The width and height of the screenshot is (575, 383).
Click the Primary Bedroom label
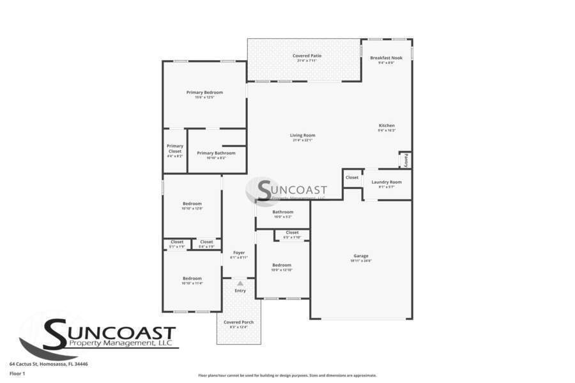tap(204, 93)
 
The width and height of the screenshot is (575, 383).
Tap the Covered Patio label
tap(307, 56)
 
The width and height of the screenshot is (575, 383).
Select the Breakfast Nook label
tap(387, 58)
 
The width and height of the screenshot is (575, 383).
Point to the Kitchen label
tap(387, 126)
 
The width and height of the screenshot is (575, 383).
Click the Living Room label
tap(302, 135)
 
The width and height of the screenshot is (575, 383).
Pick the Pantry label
tap(405, 159)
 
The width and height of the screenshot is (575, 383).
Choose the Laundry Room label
tap(387, 182)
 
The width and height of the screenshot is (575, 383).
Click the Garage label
tap(361, 256)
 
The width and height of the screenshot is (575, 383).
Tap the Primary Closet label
tap(174, 149)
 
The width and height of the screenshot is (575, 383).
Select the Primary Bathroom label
tap(216, 153)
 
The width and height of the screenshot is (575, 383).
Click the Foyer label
tap(239, 253)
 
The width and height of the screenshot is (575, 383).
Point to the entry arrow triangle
tap(240, 283)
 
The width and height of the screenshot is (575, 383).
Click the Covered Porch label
tap(238, 322)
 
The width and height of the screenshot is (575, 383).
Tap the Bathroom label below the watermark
tap(282, 212)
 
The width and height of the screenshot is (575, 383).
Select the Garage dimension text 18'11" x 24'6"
tap(361, 261)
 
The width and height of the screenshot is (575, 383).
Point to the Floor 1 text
tap(17, 373)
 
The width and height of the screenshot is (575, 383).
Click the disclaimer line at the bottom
tap(287, 375)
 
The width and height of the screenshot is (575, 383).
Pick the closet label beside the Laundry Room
tap(352, 177)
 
